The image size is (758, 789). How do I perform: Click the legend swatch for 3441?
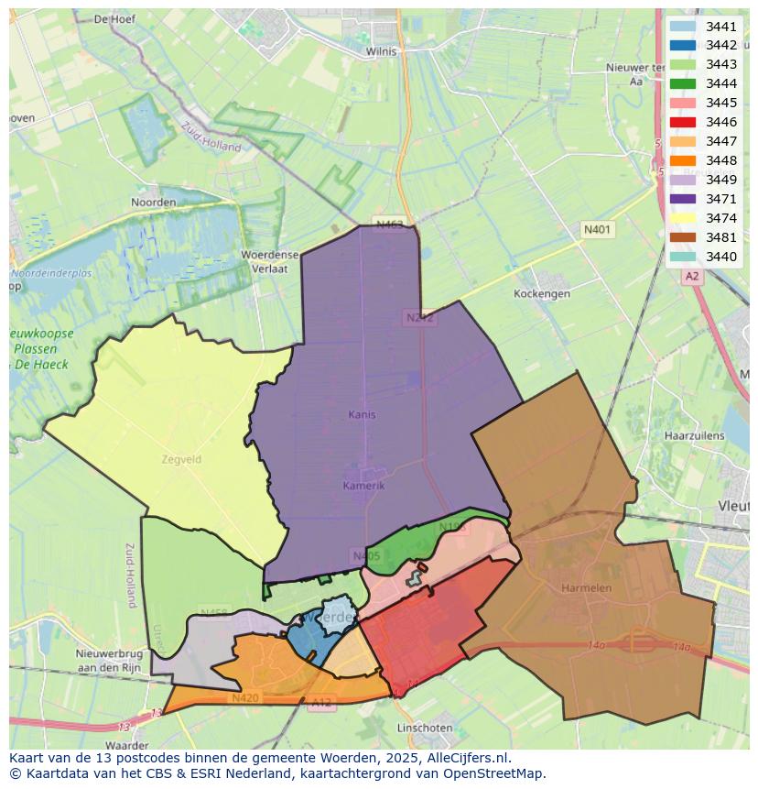tap(683, 27)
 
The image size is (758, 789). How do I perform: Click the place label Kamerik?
tap(363, 485)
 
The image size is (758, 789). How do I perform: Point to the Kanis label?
tap(362, 414)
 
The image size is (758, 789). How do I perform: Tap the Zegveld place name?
tap(180, 459)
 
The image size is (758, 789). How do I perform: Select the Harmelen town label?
tap(586, 587)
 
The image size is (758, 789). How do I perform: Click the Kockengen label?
tap(542, 294)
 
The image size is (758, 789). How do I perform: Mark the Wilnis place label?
tap(381, 52)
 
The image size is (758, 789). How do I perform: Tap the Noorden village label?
tap(153, 202)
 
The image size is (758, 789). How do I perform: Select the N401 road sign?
tap(600, 230)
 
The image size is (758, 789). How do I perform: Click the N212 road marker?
tap(419, 318)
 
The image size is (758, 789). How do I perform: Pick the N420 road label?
tap(244, 697)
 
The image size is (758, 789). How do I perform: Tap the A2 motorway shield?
tap(691, 276)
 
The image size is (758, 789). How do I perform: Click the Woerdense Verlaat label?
tap(265, 261)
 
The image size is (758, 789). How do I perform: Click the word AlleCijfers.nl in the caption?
tap(463, 759)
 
